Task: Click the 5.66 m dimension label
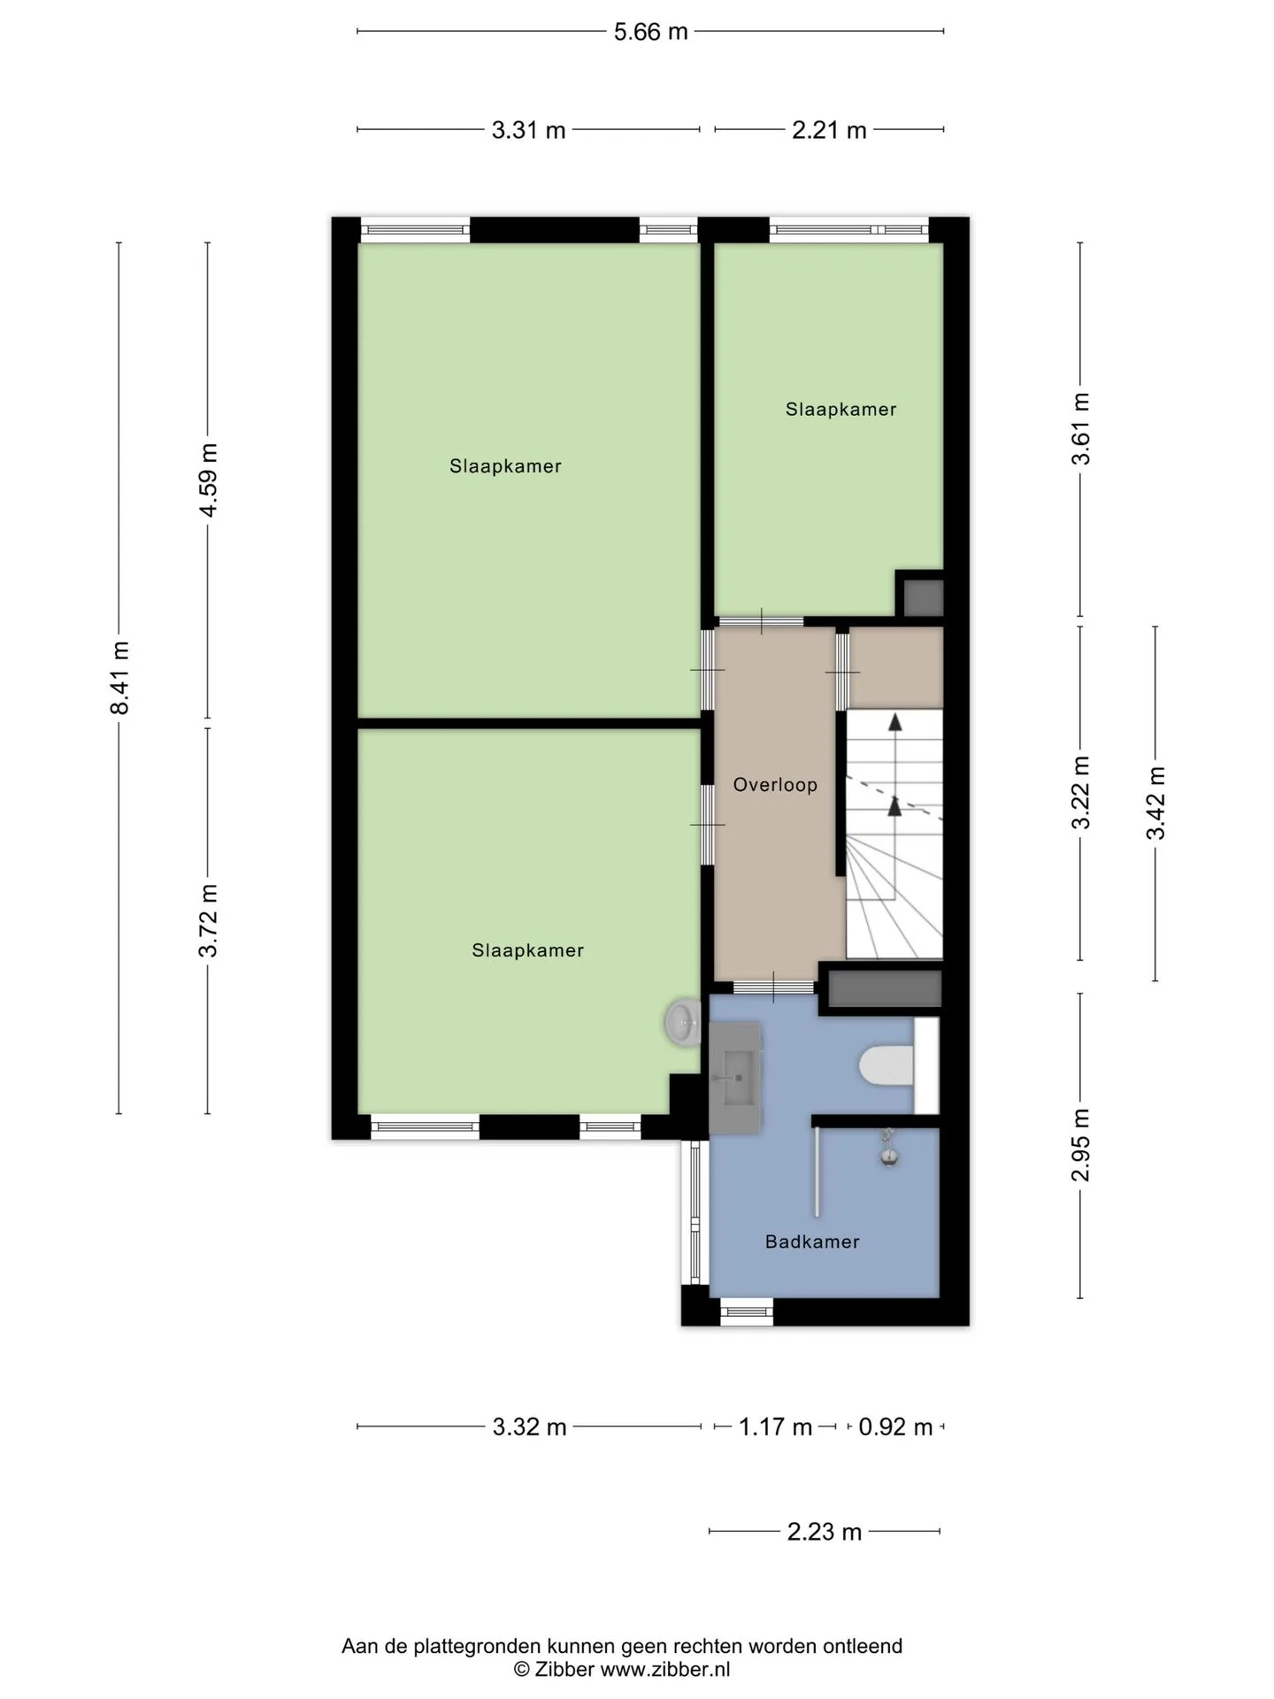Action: point(650,32)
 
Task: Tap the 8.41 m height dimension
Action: point(119,678)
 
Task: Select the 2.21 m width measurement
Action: point(829,130)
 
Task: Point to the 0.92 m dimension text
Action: point(895,1427)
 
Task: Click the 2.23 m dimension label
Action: point(825,1532)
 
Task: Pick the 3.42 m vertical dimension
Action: point(1155,803)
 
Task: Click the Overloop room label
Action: point(775,785)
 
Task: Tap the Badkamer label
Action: point(812,1242)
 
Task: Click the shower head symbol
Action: point(888,1148)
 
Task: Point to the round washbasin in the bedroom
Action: point(683,1023)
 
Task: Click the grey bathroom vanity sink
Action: point(735,1079)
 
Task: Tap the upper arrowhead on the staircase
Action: point(895,721)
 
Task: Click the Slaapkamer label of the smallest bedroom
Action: point(840,409)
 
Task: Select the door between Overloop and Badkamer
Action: point(773,987)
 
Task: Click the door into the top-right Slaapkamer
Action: point(761,621)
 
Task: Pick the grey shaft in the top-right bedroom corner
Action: point(923,597)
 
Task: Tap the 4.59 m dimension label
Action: point(209,480)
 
